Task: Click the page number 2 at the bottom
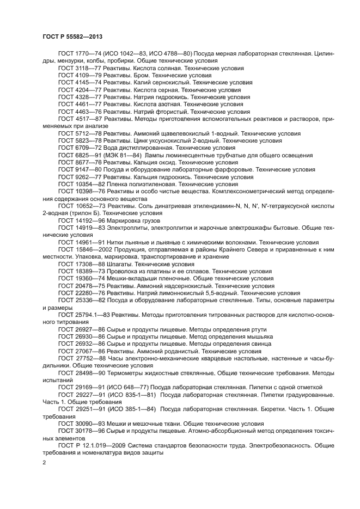click(44, 462)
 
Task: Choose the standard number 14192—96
click(89, 220)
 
